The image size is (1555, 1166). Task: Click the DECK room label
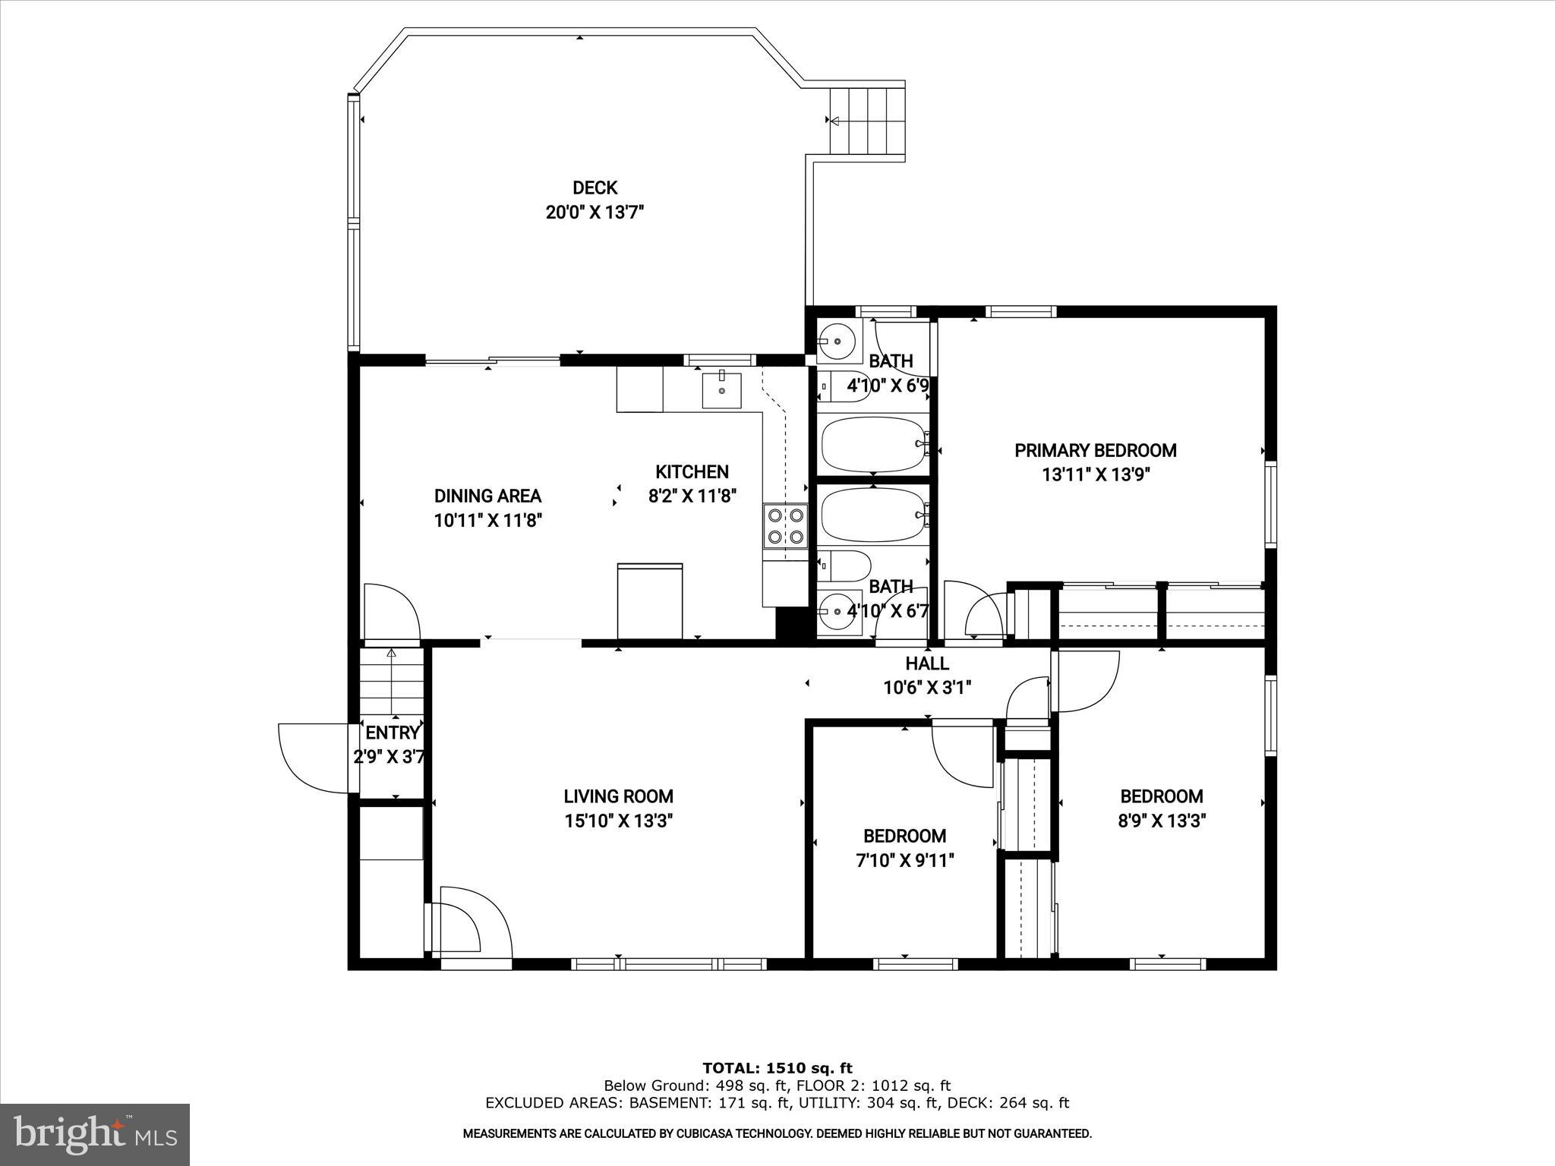[x=595, y=188]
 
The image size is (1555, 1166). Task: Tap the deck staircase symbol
[x=866, y=120]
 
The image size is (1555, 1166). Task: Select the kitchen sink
[x=721, y=389]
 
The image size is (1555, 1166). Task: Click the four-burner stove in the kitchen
[x=785, y=525]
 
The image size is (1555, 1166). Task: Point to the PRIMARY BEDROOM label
[x=1095, y=450]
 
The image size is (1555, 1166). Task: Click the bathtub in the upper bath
[x=873, y=444]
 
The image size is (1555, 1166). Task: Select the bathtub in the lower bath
[x=873, y=515]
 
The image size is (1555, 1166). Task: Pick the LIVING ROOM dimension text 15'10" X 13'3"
[x=618, y=821]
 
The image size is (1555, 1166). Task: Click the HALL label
[x=926, y=663]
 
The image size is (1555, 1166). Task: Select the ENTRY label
[x=392, y=733]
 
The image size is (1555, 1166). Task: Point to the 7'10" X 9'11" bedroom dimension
[x=904, y=860]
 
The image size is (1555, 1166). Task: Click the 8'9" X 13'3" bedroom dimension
[x=1162, y=821]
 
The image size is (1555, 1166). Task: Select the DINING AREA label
[x=487, y=496]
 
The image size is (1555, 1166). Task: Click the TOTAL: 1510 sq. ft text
[x=777, y=1069]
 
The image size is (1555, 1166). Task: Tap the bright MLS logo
[x=95, y=1134]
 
